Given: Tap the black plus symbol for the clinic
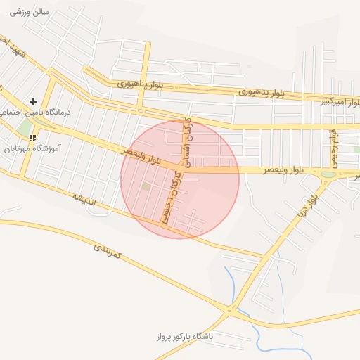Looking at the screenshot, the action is click(x=33, y=102).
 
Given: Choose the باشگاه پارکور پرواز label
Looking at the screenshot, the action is click(x=190, y=336).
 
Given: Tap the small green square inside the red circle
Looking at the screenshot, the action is click(x=146, y=186).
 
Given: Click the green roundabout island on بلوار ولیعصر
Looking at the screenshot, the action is click(x=328, y=174).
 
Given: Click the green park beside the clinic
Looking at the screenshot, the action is click(x=26, y=128).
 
